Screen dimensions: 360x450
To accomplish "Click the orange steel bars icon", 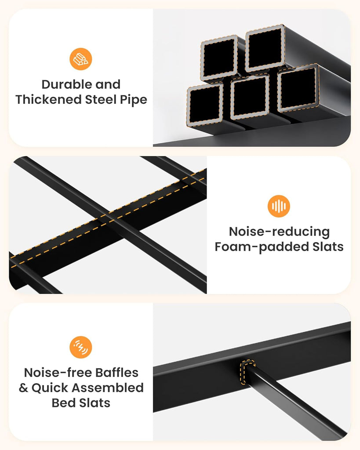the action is coord(81,59).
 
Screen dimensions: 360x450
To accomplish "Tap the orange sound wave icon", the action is coord(279,206).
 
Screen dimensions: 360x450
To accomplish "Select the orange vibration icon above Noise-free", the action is coord(81,347).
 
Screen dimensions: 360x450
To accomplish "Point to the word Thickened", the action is coord(49,100).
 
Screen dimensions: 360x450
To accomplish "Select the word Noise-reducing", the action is coord(279,232).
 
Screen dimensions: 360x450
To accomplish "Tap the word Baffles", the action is coord(117,373).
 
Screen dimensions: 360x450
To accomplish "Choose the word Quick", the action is coord(50,388).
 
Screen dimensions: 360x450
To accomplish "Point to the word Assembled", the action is coord(108,388).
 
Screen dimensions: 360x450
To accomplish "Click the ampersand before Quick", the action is coord(23,388).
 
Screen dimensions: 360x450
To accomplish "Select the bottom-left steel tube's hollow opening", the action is coord(204,105).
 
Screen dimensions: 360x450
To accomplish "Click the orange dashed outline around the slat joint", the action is coord(247,372).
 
